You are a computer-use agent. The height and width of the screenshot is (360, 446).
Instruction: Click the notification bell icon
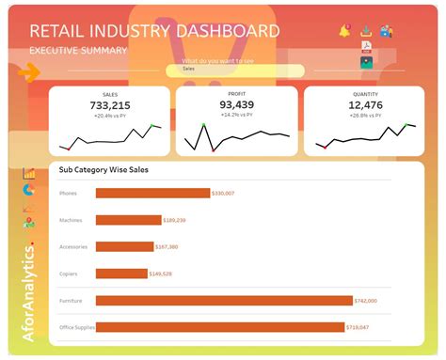(343, 30)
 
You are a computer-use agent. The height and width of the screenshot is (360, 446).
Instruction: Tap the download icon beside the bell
(366, 30)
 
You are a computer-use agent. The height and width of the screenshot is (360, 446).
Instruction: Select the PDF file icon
(366, 46)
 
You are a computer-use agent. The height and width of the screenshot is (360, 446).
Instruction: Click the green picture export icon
(366, 62)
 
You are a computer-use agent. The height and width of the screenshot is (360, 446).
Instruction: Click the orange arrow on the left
(29, 71)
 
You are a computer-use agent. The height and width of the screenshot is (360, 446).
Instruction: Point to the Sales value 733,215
(109, 105)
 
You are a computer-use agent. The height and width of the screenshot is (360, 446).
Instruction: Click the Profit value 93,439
(236, 105)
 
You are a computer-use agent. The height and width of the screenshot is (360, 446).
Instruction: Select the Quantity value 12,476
(365, 105)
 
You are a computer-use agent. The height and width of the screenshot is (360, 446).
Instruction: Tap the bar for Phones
(152, 193)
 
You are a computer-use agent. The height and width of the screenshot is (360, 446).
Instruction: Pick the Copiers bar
(120, 274)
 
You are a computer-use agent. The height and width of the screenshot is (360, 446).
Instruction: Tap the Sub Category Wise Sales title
(104, 170)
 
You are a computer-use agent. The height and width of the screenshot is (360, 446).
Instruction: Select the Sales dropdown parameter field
(235, 70)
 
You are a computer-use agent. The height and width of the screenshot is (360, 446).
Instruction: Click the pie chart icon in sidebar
(28, 190)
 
